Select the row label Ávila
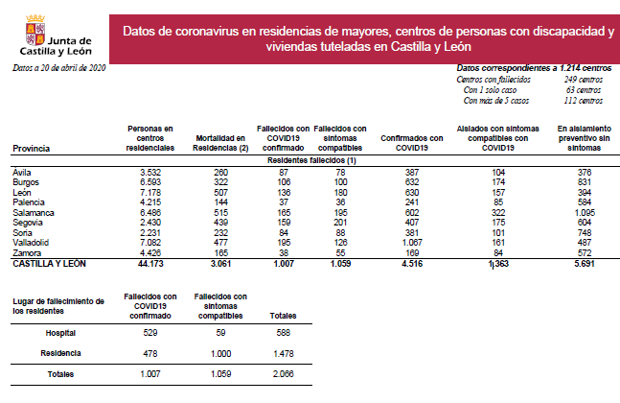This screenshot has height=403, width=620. tap(22, 172)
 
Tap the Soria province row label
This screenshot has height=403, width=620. tap(22, 233)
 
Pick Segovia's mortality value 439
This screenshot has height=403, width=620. tap(222, 223)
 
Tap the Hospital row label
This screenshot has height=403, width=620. tap(60, 333)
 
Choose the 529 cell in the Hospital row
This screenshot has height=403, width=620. tap(150, 333)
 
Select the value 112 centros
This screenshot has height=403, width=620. tap(585, 100)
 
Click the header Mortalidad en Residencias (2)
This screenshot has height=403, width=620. tap(221, 143)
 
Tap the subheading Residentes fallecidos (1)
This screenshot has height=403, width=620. tap(312, 160)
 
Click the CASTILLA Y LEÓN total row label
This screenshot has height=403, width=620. tap(50, 263)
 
